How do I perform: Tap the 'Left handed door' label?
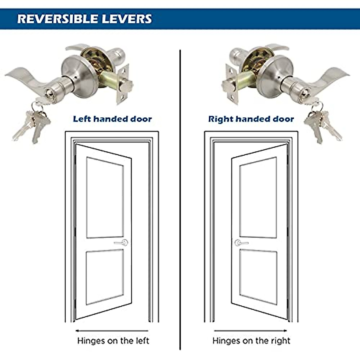(x=112, y=119)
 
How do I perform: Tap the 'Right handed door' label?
(x=251, y=119)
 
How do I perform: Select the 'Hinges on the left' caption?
(x=113, y=341)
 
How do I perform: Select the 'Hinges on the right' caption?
(x=251, y=341)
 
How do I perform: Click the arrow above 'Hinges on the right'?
(x=250, y=331)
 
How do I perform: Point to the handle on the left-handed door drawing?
(x=121, y=243)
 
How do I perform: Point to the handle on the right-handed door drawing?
(x=241, y=243)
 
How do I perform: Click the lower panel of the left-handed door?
(x=105, y=276)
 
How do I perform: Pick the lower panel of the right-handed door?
(x=258, y=276)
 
